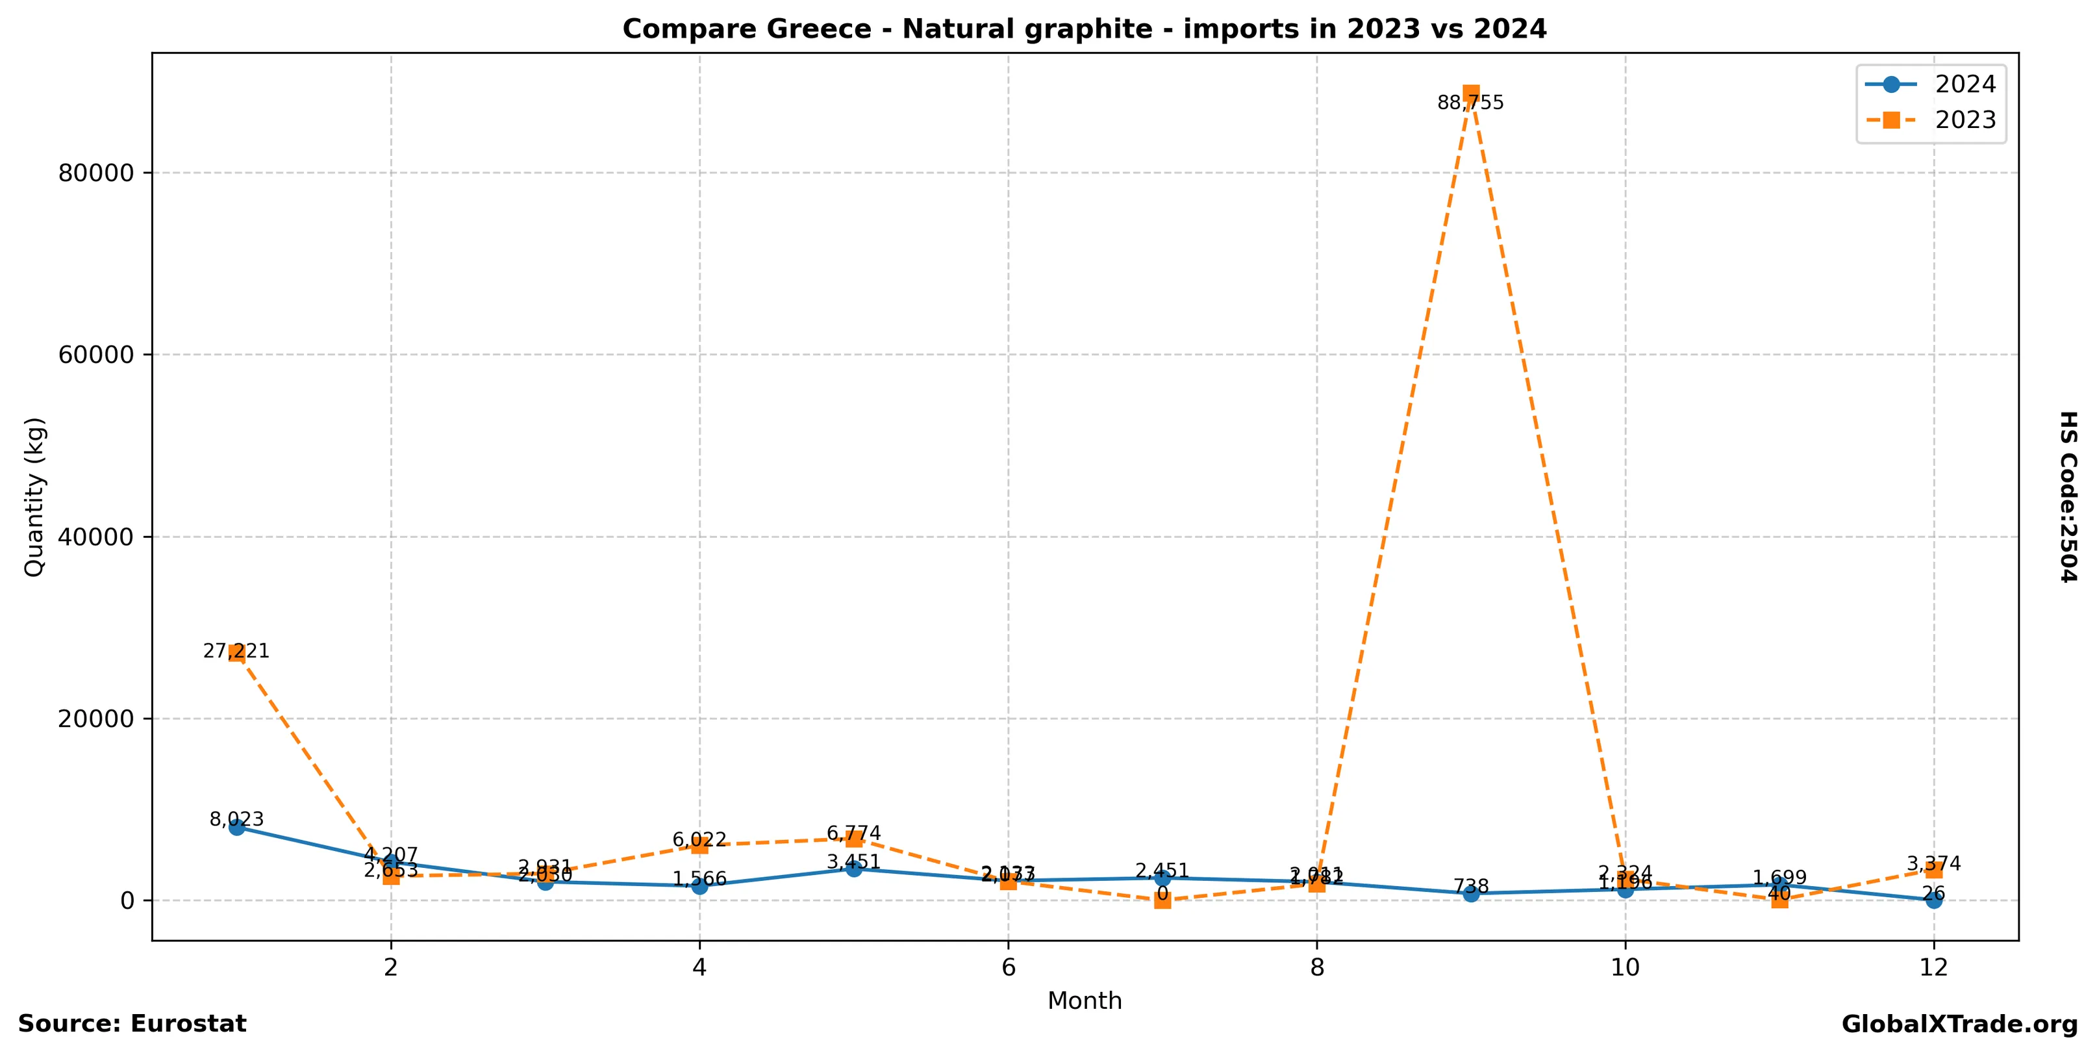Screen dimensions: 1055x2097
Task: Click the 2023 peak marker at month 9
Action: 1471,93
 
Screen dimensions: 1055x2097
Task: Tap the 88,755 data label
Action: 1470,103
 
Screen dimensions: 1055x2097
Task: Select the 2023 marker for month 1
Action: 237,653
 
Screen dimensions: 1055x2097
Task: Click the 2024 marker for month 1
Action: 237,827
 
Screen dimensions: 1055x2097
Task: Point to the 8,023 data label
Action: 236,820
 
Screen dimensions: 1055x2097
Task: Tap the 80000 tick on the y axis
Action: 96,173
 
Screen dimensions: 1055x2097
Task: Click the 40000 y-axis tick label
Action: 96,537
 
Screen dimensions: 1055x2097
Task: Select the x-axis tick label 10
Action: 1625,968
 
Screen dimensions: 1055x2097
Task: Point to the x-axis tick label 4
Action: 699,968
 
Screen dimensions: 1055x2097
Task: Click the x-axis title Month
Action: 1085,1001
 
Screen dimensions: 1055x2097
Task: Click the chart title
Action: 1085,29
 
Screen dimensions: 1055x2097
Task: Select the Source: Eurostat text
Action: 132,1024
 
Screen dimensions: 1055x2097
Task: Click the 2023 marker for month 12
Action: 1933,869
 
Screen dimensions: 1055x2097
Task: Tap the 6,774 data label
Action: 853,833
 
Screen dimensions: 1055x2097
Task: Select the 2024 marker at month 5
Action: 853,869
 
